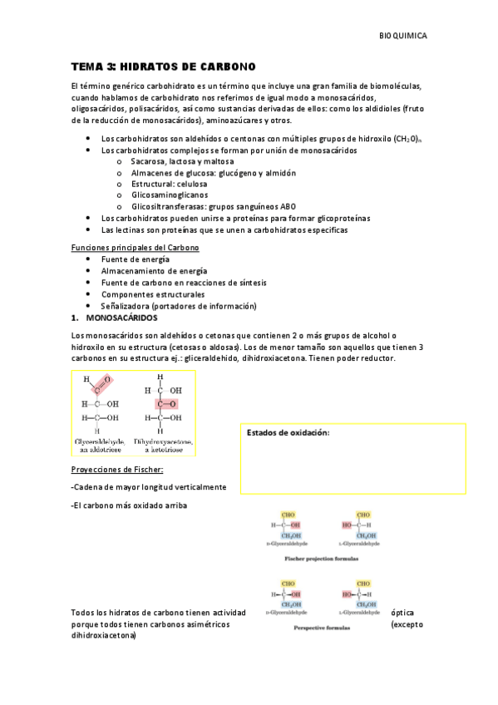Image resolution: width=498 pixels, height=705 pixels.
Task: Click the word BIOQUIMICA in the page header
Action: pos(402,37)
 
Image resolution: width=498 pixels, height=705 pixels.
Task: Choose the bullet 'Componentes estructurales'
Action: pos(153,294)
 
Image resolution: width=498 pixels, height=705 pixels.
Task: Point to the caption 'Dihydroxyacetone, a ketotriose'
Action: pos(161,445)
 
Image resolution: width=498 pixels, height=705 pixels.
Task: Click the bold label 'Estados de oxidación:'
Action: pos(288,433)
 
